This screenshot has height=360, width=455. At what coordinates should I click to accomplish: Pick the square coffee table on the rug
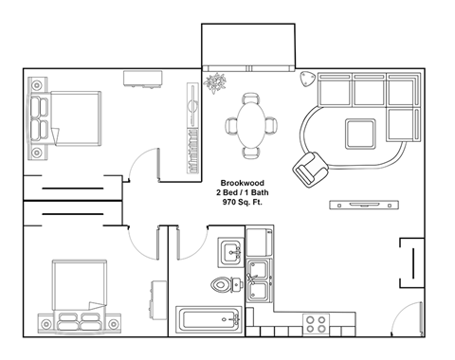point(361,133)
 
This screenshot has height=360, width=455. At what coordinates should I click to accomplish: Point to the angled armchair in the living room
point(309,168)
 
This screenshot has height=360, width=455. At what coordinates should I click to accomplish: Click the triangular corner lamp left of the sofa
point(307,78)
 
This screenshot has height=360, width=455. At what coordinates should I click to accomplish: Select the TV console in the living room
point(361,205)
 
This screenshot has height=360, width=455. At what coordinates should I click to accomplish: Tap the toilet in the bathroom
point(221,284)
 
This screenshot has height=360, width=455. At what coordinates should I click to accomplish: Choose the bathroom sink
point(230,253)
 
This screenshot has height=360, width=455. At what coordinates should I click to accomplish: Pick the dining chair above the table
point(251,98)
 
